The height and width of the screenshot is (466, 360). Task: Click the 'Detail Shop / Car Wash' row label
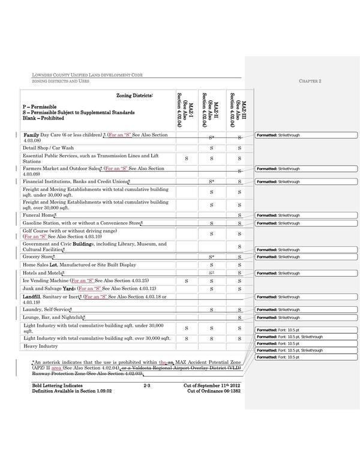click(x=48, y=148)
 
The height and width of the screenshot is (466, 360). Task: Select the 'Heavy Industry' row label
click(x=40, y=346)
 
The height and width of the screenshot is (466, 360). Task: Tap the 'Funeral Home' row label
click(x=40, y=214)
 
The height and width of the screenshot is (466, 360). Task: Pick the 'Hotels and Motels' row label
click(x=43, y=273)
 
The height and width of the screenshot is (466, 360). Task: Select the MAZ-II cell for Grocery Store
click(x=212, y=256)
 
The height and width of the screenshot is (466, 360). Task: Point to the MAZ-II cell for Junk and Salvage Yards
click(x=212, y=289)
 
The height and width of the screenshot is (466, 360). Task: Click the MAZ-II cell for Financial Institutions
click(x=212, y=181)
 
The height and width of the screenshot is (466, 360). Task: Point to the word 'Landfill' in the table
click(x=35, y=297)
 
